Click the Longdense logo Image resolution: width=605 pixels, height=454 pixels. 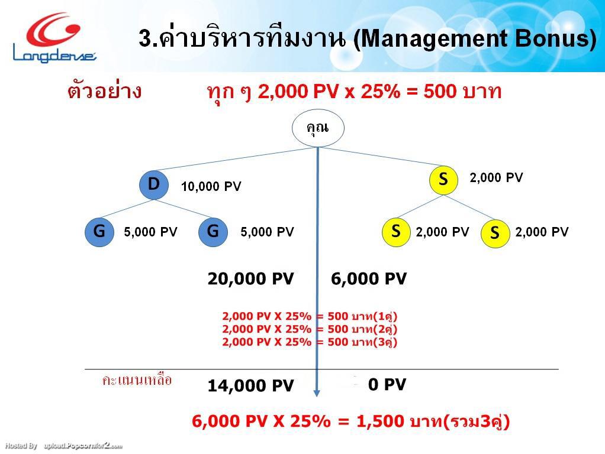[x=54, y=37]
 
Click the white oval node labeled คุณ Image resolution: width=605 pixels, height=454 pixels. [x=317, y=127]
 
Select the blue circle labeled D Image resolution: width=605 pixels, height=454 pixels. [x=154, y=184]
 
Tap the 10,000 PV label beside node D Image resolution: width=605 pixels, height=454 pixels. [x=211, y=187]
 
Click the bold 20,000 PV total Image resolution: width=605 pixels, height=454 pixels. [x=250, y=279]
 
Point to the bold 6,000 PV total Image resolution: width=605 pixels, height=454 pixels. [x=369, y=279]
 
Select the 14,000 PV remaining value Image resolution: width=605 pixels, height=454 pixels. [x=250, y=386]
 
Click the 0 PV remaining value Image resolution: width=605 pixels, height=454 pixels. [x=387, y=385]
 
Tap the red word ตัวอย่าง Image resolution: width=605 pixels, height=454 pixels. [x=105, y=92]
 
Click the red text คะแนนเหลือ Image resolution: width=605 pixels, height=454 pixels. [x=137, y=380]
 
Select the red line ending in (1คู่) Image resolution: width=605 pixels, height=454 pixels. [x=310, y=316]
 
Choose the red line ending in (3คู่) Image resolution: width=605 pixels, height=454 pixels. [x=310, y=342]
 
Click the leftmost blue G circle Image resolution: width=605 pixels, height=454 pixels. [x=99, y=231]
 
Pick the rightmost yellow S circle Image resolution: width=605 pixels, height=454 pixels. [x=495, y=234]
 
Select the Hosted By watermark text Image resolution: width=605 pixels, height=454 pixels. [x=21, y=446]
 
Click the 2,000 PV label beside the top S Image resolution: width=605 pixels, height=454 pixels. [x=496, y=177]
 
